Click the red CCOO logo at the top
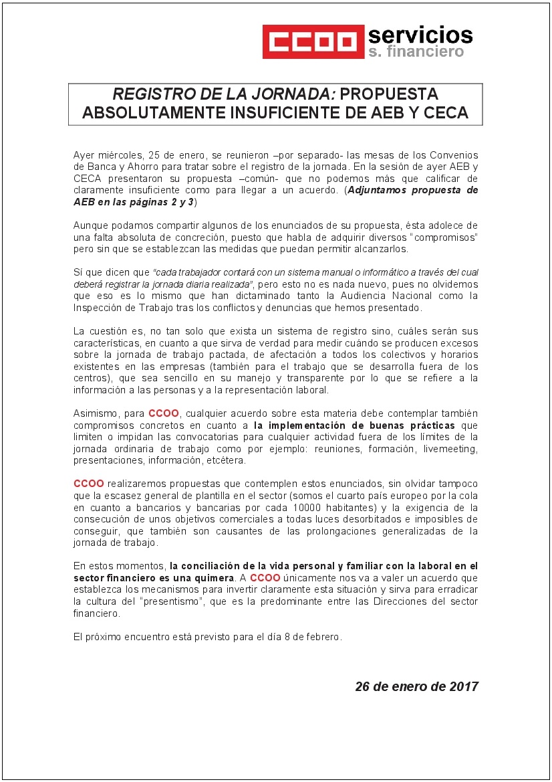pyautogui.click(x=309, y=41)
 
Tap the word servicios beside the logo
pyautogui.click(x=420, y=34)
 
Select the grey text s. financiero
pyautogui.click(x=415, y=52)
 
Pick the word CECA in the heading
pyautogui.click(x=445, y=113)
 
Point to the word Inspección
pyautogui.click(x=99, y=308)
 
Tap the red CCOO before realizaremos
pyautogui.click(x=88, y=483)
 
